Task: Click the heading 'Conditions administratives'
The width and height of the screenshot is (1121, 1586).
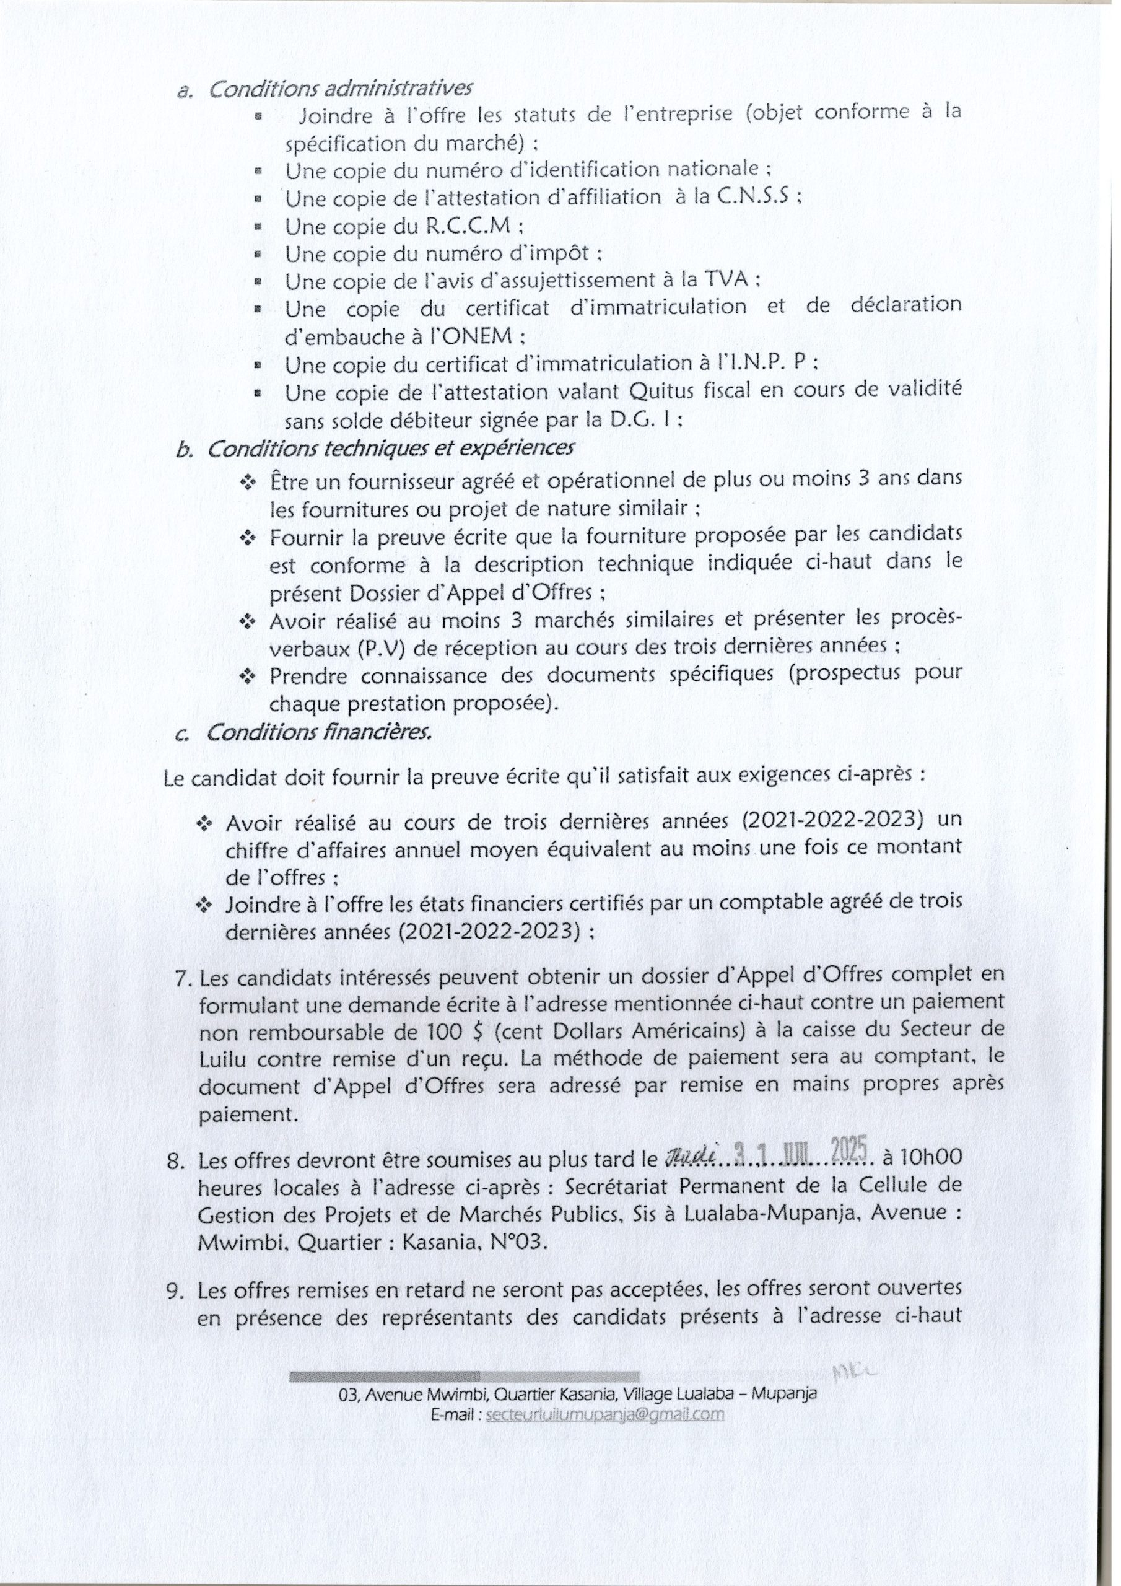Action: click(340, 89)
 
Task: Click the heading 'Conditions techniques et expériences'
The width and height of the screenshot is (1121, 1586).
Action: click(390, 449)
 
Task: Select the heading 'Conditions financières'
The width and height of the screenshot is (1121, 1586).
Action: click(318, 732)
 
